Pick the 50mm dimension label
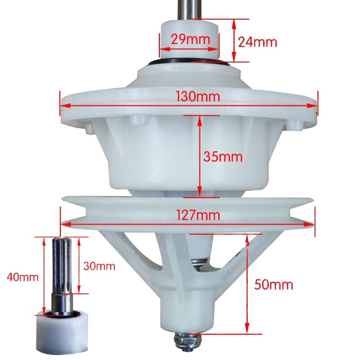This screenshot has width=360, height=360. [274, 284]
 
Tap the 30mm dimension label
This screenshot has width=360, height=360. [99, 266]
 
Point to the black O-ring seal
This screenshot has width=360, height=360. [189, 62]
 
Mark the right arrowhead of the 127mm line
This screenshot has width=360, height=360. [311, 224]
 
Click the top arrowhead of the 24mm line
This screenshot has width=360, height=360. [234, 22]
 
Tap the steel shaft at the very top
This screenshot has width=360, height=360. [189, 9]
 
